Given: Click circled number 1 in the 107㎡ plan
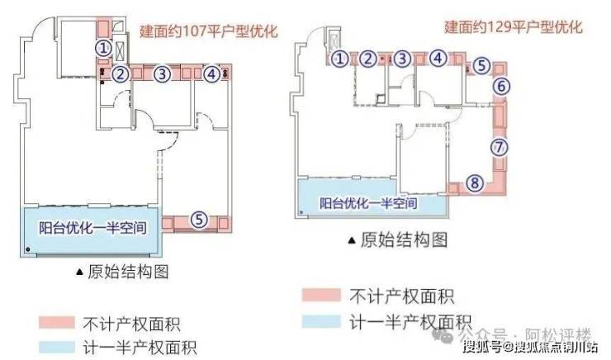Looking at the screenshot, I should pyautogui.click(x=103, y=49).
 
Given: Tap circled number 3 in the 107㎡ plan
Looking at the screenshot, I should pyautogui.click(x=163, y=74).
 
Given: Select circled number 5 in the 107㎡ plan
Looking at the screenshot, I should pyautogui.click(x=198, y=220).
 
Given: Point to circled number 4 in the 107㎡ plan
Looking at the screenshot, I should pyautogui.click(x=212, y=74).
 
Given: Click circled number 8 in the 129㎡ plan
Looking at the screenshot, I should pyautogui.click(x=473, y=185).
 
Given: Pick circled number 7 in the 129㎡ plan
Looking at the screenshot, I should pyautogui.click(x=497, y=148).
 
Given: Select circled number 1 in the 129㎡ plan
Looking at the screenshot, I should pyautogui.click(x=340, y=59).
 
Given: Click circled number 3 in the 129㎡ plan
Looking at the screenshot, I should pyautogui.click(x=401, y=59).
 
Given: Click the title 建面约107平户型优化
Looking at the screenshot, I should pyautogui.click(x=209, y=34).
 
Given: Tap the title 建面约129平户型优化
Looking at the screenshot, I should pyautogui.click(x=514, y=27).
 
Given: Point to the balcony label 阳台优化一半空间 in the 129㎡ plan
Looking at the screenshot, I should pyautogui.click(x=368, y=203).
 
